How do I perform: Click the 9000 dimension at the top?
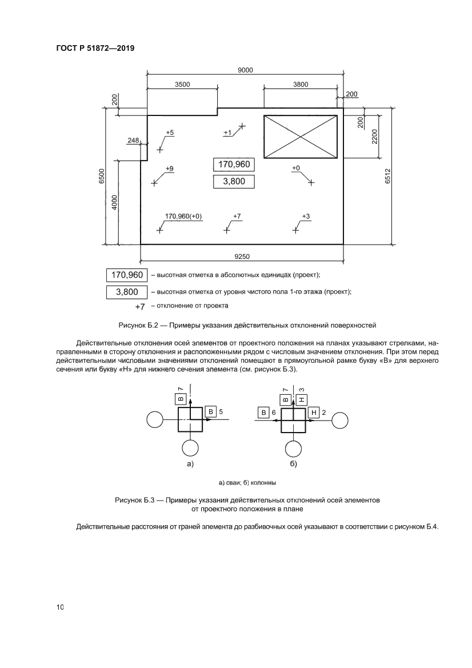246,70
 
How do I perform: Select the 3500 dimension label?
182,84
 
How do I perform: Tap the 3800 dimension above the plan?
301,84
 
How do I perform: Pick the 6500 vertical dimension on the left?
101,175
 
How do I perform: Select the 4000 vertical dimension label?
114,202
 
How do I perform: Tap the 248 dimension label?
134,140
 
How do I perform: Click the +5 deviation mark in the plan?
170,133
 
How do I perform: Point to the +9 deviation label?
170,169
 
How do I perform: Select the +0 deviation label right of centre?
296,168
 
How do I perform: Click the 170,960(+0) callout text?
183,216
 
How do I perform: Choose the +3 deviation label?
306,216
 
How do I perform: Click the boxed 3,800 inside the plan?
233,182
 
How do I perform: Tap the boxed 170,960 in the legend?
127,275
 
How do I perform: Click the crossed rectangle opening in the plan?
300,136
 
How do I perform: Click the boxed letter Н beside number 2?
314,412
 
